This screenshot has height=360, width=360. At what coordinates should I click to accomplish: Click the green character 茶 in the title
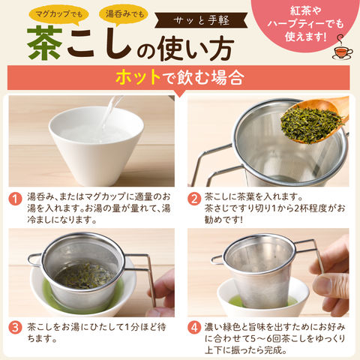point(44,43)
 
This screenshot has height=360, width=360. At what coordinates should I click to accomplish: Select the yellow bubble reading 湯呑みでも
point(124,14)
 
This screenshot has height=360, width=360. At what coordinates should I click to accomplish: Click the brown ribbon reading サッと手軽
point(201,20)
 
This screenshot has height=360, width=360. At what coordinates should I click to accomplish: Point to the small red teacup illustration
point(343,50)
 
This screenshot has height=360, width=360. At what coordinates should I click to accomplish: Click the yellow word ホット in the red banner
point(137,78)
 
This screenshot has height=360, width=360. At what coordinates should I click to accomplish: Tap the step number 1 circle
point(15,199)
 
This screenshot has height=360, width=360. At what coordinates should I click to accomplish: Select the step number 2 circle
point(194,199)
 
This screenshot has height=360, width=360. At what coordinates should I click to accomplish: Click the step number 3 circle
point(15,328)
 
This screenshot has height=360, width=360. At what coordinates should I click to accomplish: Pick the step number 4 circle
point(194,328)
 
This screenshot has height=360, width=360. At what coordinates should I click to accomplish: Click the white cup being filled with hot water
point(96,145)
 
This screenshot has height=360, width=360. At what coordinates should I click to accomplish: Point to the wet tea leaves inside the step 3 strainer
point(85,276)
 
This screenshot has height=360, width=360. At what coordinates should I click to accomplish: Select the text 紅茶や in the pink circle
point(305,11)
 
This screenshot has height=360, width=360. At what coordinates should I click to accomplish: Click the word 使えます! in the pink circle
point(305,37)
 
